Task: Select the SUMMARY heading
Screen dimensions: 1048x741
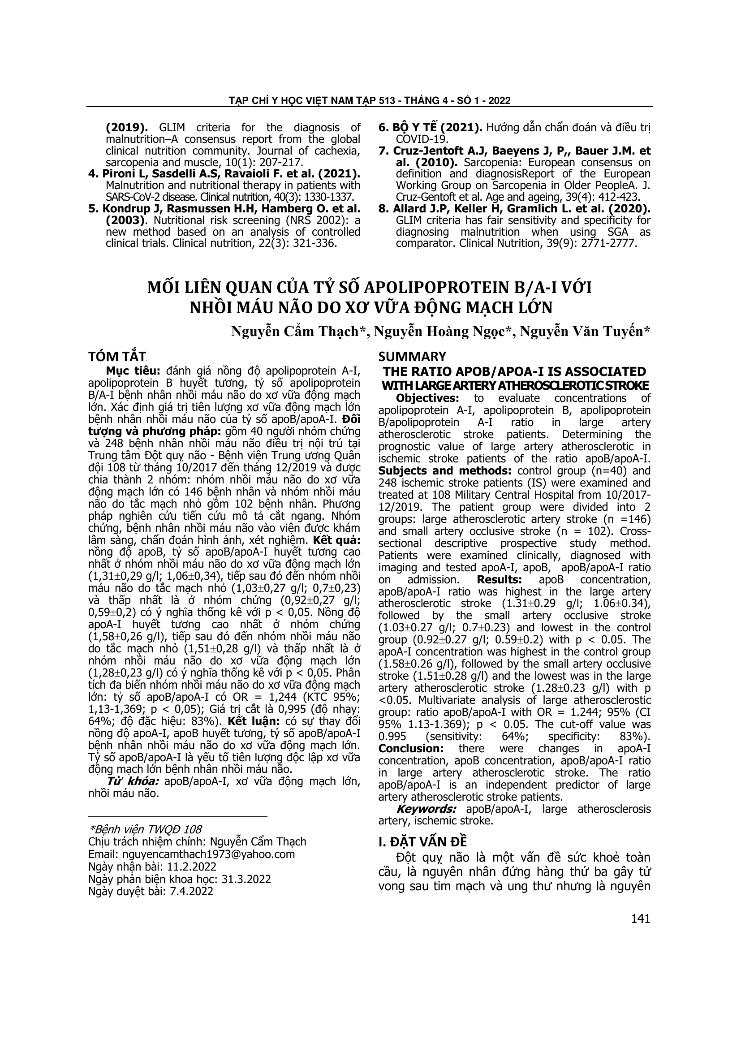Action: pos(412,356)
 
